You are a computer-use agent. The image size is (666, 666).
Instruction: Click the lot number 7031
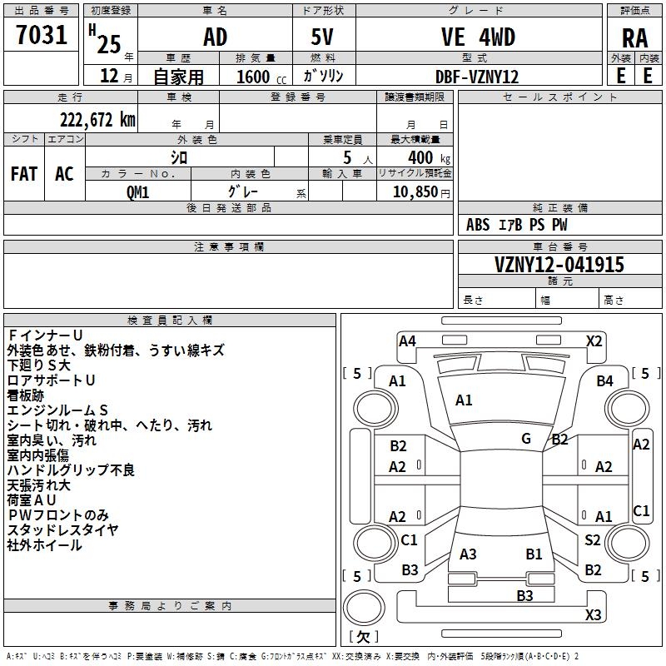pyautogui.click(x=42, y=37)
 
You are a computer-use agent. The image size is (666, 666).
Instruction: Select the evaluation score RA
pyautogui.click(x=634, y=38)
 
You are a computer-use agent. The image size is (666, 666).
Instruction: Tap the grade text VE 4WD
pyautogui.click(x=477, y=37)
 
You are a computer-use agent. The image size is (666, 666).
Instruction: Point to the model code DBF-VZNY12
pyautogui.click(x=477, y=77)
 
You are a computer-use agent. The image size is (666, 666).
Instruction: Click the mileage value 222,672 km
pyautogui.click(x=97, y=120)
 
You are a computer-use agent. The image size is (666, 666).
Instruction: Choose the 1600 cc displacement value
pyautogui.click(x=258, y=77)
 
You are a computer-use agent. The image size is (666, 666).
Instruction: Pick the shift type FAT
pyautogui.click(x=23, y=174)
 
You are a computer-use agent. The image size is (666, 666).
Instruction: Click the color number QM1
pyautogui.click(x=137, y=191)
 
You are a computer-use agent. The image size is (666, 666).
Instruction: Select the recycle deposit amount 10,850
pyautogui.click(x=414, y=191)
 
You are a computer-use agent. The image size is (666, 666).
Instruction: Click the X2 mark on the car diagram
pyautogui.click(x=594, y=340)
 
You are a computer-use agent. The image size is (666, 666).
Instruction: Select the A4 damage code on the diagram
pyautogui.click(x=407, y=340)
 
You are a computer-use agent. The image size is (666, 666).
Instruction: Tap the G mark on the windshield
pyautogui.click(x=526, y=438)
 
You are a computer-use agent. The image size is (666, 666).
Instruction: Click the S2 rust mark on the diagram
pyautogui.click(x=592, y=540)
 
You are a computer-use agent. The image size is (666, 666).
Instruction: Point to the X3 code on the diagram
pyautogui.click(x=593, y=615)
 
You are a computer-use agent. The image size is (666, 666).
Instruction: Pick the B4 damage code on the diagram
pyautogui.click(x=604, y=381)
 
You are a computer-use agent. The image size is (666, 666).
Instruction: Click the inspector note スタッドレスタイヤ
pyautogui.click(x=62, y=530)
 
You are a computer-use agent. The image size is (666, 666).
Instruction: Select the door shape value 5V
pyautogui.click(x=323, y=37)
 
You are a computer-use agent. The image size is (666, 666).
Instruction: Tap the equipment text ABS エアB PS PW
pyautogui.click(x=518, y=225)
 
